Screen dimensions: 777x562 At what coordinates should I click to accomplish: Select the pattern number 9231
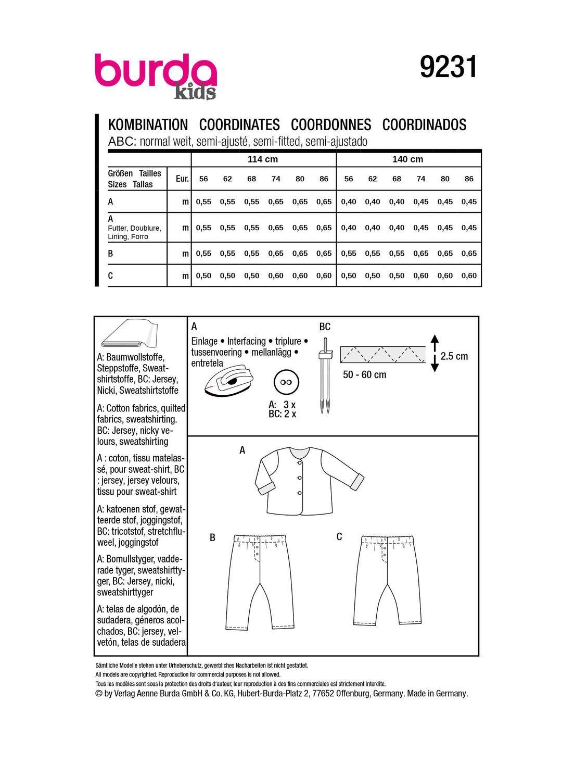448,67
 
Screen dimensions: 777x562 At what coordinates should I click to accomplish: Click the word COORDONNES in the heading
331,125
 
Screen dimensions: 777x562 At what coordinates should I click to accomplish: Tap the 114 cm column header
263,159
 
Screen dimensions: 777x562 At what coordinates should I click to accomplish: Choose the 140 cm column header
407,159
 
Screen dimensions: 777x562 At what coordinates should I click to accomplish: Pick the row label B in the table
110,254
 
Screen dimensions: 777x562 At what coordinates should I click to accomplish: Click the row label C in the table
110,276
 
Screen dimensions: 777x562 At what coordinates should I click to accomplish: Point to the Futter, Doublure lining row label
134,232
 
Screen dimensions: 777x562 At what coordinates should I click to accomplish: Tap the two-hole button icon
286,382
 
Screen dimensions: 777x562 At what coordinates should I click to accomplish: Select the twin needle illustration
325,375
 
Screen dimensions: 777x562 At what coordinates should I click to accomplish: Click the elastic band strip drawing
382,354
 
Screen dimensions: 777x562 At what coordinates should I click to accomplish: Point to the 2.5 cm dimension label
454,356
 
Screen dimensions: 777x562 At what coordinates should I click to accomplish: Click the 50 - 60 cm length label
364,375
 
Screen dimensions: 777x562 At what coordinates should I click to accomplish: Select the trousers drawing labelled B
259,581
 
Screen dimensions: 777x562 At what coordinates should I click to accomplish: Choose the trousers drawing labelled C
387,578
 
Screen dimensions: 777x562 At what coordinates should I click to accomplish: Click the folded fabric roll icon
129,334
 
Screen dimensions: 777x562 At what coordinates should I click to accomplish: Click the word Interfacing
246,341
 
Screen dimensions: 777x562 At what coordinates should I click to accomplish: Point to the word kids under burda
195,92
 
